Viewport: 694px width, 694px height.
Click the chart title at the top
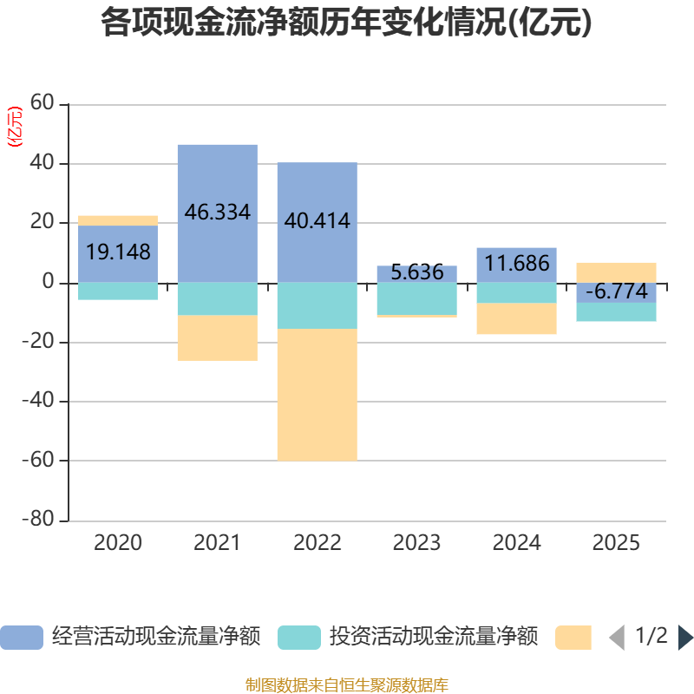[347, 23]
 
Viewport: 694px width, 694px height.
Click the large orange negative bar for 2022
[317, 395]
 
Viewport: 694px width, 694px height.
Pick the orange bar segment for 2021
[217, 337]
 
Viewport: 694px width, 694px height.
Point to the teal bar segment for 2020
[118, 291]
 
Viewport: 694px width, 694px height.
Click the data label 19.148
[118, 252]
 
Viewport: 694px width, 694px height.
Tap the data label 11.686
[516, 263]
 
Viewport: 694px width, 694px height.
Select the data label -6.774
[616, 291]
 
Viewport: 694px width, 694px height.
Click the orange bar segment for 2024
[516, 319]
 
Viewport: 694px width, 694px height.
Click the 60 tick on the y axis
[42, 104]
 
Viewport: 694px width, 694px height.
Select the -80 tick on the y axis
[38, 520]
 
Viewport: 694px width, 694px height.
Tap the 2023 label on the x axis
[416, 544]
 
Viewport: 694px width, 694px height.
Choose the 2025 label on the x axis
[616, 544]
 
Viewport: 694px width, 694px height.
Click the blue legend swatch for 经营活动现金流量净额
[21, 638]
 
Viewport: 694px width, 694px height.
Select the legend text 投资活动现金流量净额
[433, 637]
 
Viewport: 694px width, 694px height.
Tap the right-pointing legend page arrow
[685, 638]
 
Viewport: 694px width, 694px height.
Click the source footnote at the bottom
[347, 685]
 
